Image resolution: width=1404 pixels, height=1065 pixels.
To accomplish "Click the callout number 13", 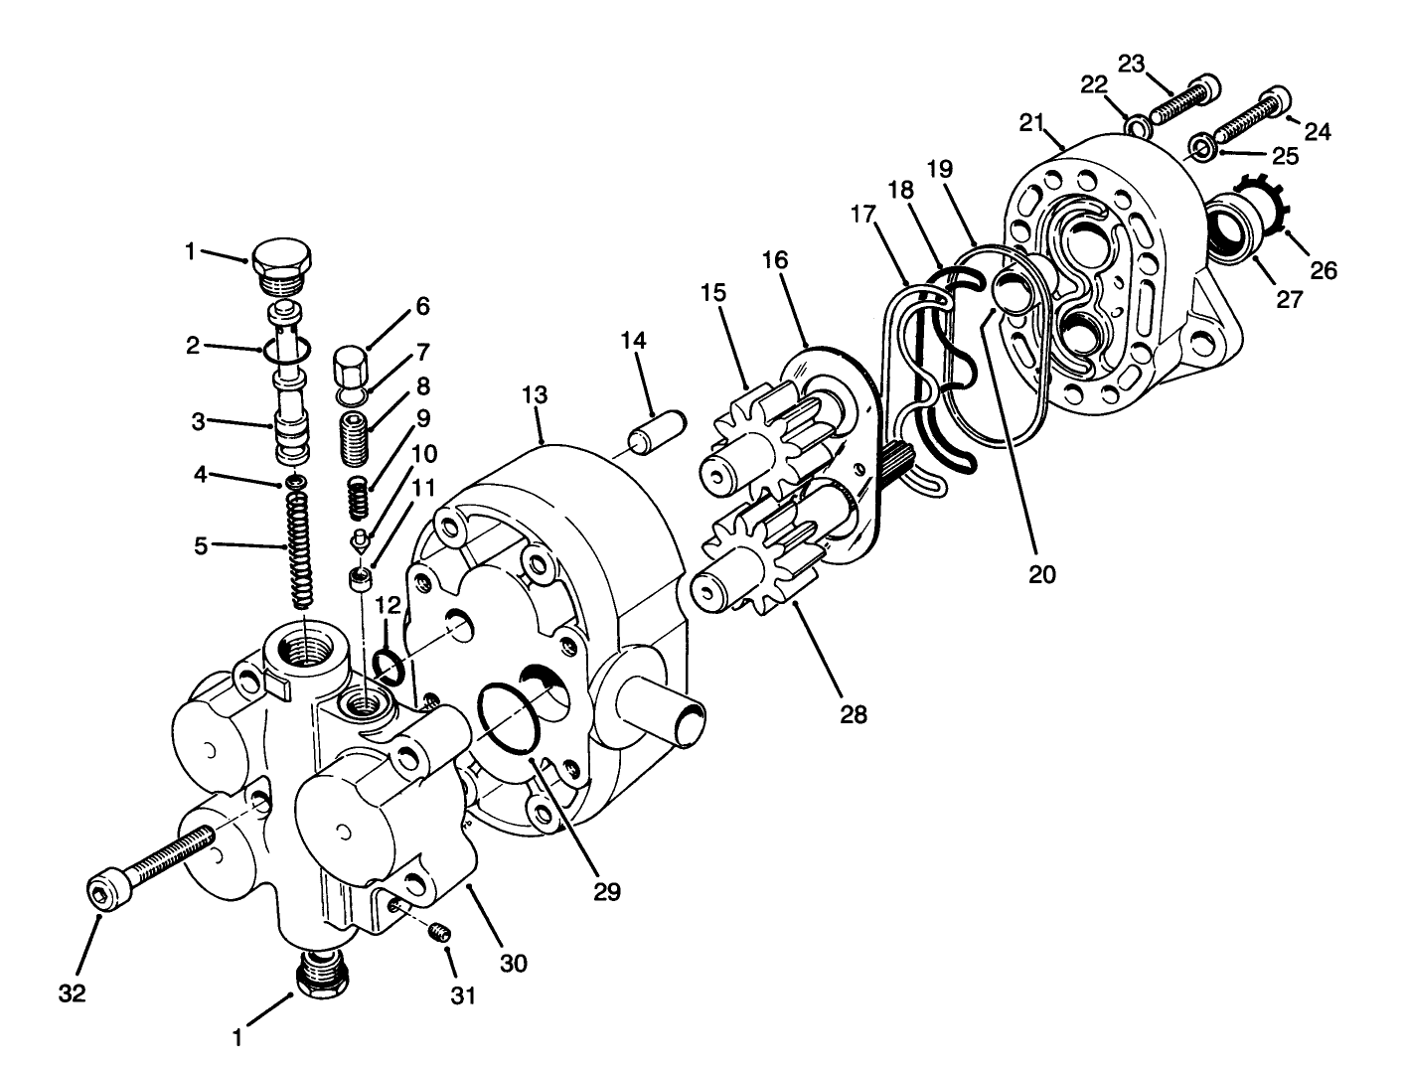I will coord(534,394).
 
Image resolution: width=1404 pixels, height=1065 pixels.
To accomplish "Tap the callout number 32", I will coord(72,992).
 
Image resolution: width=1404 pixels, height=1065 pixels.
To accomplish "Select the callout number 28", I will coord(853,713).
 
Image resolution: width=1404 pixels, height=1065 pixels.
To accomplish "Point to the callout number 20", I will coord(1042,573).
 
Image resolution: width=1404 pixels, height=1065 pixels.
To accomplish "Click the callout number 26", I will coord(1323,269).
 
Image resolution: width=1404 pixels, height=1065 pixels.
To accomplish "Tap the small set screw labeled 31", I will coord(442,932).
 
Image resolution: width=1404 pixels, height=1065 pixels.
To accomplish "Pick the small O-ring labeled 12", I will coord(390,667).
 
